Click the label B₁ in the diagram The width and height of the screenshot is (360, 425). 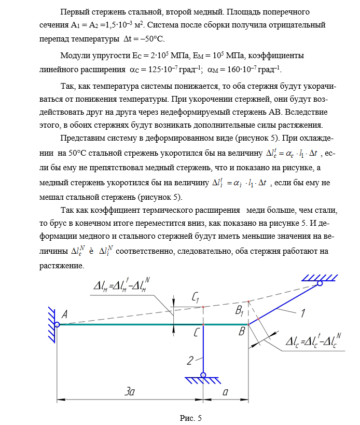pyautogui.click(x=240, y=311)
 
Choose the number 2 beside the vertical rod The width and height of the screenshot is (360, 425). pyautogui.click(x=191, y=359)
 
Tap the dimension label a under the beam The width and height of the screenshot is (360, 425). pyautogui.click(x=225, y=393)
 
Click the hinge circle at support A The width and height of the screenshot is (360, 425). pyautogui.click(x=57, y=325)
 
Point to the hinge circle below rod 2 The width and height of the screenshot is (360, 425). pyautogui.click(x=203, y=375)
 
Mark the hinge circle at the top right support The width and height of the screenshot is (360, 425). pyautogui.click(x=320, y=283)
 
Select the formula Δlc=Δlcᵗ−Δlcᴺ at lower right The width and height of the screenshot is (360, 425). pyautogui.click(x=314, y=342)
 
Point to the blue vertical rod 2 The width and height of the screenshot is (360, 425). pyautogui.click(x=203, y=350)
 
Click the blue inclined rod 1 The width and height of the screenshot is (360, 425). pyautogui.click(x=283, y=305)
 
